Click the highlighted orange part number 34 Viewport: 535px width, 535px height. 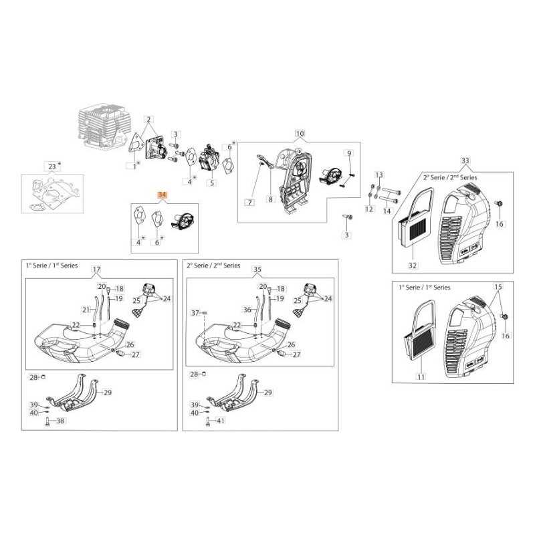(161, 194)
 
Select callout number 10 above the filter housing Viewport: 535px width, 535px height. (300, 134)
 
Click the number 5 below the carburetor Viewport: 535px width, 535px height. (213, 183)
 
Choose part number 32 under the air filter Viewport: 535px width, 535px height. (413, 265)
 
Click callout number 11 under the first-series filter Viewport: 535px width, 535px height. (421, 377)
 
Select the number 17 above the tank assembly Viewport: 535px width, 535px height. (96, 270)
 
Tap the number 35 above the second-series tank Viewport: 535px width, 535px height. (257, 270)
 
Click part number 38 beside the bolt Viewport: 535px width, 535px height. (60, 421)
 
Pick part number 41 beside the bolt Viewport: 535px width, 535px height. (221, 421)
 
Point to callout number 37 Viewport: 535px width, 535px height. (195, 312)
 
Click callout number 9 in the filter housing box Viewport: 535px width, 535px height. (348, 153)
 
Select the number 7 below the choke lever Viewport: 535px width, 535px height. (249, 201)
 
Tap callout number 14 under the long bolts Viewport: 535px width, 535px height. (387, 211)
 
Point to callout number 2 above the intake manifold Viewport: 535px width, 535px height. (150, 118)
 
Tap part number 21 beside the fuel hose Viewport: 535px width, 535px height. (86, 310)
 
